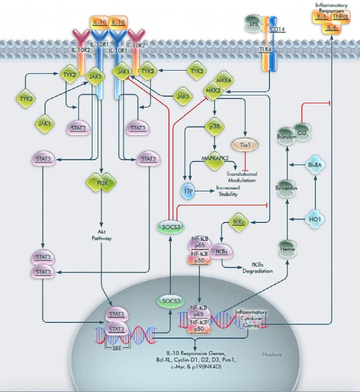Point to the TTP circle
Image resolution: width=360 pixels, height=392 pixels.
188,190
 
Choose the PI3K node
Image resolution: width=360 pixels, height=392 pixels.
101,183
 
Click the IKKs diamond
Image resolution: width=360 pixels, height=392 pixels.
238,223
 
